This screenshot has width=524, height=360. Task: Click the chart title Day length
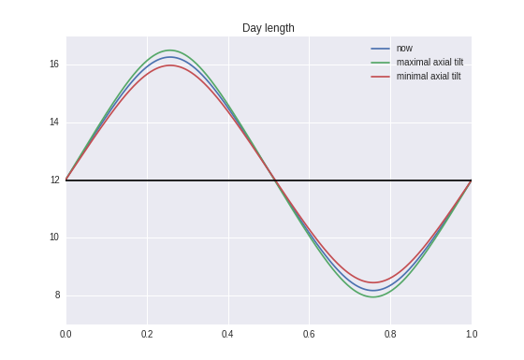(268, 28)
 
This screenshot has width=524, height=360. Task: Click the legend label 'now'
(404, 48)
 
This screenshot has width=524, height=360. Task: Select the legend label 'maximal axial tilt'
(429, 62)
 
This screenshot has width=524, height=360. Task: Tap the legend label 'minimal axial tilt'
(429, 76)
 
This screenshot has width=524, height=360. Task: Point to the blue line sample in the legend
(381, 48)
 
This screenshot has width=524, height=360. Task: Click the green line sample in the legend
(381, 62)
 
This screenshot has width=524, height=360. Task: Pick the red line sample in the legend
(381, 76)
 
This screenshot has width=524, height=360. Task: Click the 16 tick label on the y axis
(54, 65)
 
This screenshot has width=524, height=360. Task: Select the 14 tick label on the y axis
(54, 122)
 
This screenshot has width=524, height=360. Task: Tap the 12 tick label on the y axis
(54, 180)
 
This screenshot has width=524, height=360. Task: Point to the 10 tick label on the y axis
(54, 238)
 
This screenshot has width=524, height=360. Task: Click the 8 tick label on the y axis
(56, 295)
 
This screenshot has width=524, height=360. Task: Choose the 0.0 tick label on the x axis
(65, 334)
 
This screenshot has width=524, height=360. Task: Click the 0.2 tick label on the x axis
(147, 334)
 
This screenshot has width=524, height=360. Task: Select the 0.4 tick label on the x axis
(228, 334)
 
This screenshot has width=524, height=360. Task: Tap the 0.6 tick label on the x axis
(309, 334)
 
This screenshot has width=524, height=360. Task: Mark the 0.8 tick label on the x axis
(390, 334)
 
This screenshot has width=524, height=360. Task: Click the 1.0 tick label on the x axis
(472, 334)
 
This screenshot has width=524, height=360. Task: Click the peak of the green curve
(169, 50)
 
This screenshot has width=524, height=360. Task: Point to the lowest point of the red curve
(373, 282)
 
